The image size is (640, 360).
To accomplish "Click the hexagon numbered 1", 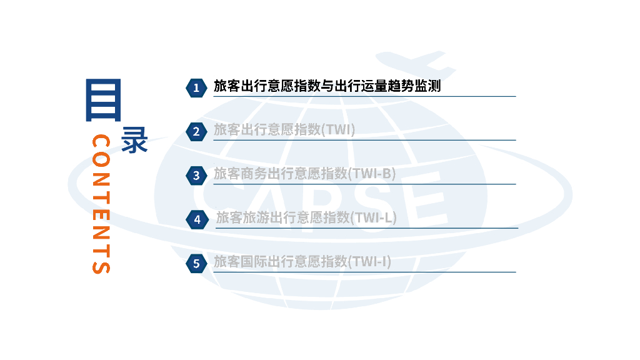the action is [196, 87].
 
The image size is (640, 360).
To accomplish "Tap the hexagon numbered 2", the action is [196, 131].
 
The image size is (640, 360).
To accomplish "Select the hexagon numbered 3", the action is [196, 176].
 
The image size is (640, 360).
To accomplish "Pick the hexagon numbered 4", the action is [197, 219].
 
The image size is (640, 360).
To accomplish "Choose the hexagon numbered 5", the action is [196, 263].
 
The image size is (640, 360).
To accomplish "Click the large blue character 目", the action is [102, 99].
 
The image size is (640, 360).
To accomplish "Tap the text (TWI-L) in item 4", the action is [373, 217].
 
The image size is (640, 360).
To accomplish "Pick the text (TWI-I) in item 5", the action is [369, 261].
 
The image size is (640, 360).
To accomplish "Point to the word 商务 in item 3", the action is [254, 174].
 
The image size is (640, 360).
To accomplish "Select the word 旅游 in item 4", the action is [256, 217].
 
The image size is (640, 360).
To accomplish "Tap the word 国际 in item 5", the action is [254, 261].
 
